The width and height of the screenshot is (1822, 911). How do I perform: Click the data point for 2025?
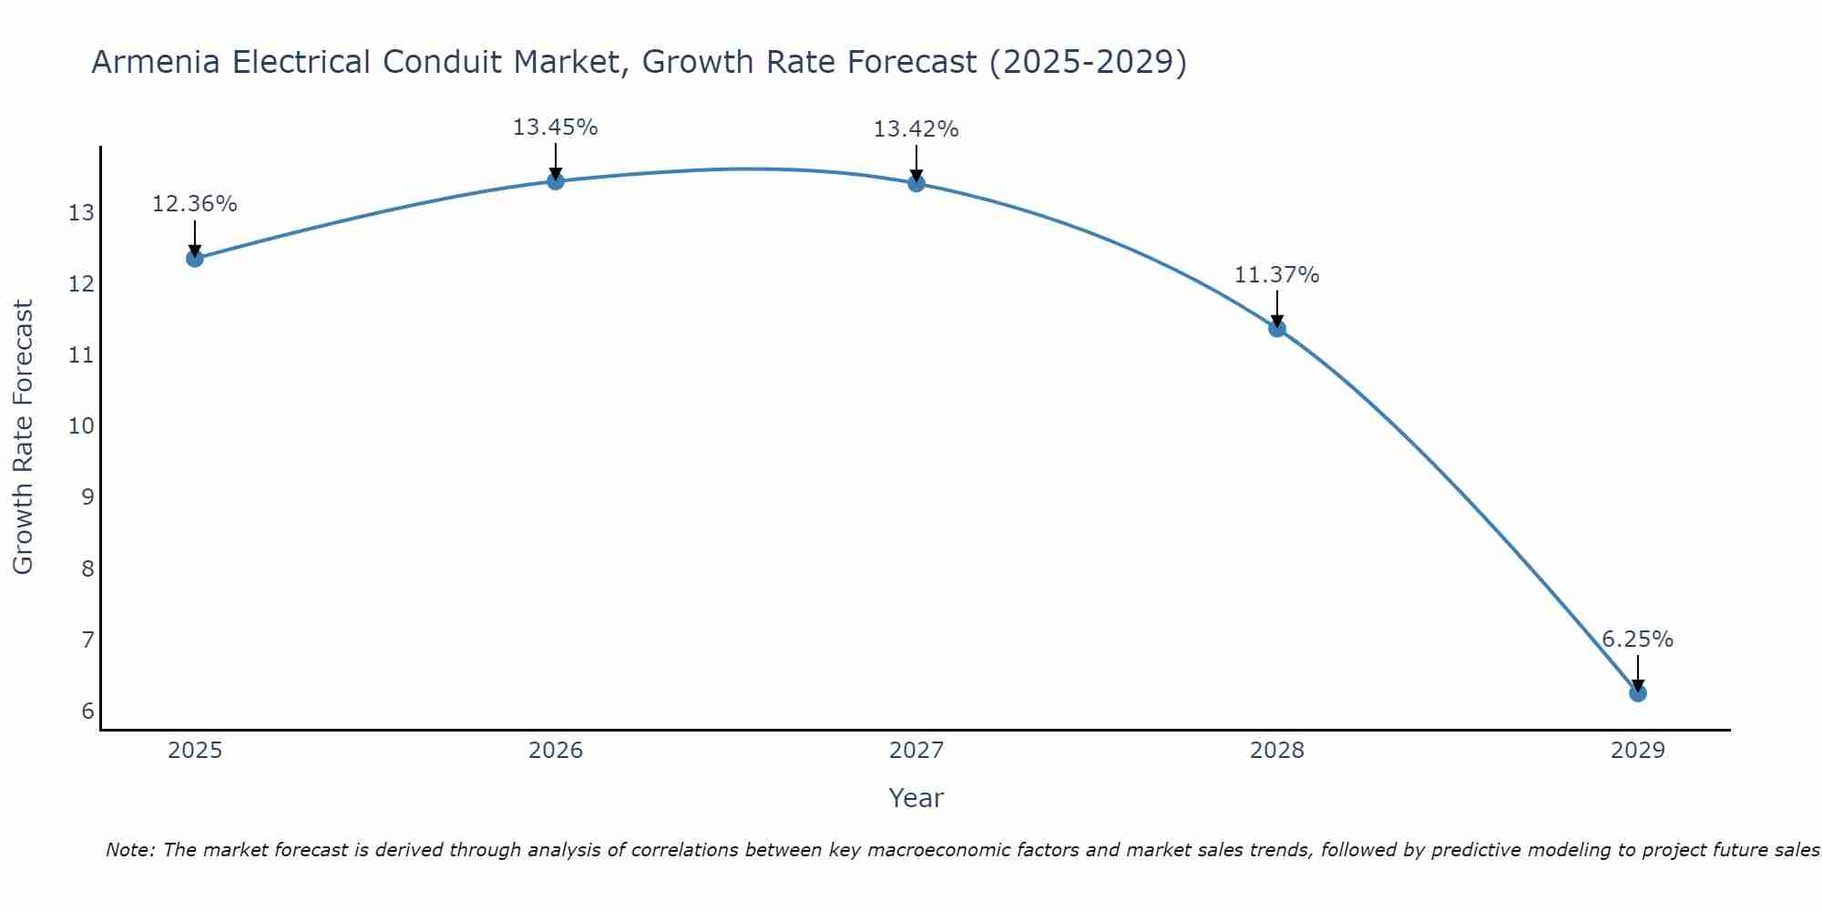point(195,259)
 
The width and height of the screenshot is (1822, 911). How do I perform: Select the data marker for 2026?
point(556,181)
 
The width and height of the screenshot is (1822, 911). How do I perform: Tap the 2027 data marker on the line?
point(916,183)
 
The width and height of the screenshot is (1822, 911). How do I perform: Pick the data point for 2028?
point(1277,329)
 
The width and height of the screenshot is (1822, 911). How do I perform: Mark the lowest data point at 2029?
point(1638,693)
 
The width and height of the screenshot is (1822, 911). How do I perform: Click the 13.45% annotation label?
point(555,128)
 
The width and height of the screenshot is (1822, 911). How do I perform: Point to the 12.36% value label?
point(194,204)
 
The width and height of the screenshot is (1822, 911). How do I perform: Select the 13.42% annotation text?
point(916,129)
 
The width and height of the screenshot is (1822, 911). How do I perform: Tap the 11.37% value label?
point(1276,275)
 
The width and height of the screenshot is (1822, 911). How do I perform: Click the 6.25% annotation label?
point(1637,640)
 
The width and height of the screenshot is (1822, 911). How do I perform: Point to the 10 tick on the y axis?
point(81,426)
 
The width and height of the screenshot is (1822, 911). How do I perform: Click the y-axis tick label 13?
point(81,213)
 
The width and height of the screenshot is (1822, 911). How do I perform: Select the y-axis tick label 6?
point(87,711)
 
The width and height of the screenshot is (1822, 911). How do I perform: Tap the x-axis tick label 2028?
point(1277,751)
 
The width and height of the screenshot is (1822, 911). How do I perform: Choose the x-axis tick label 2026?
point(556,751)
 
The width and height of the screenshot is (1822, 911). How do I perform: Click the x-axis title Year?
point(916,798)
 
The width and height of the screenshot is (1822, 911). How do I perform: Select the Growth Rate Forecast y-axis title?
point(23,437)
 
